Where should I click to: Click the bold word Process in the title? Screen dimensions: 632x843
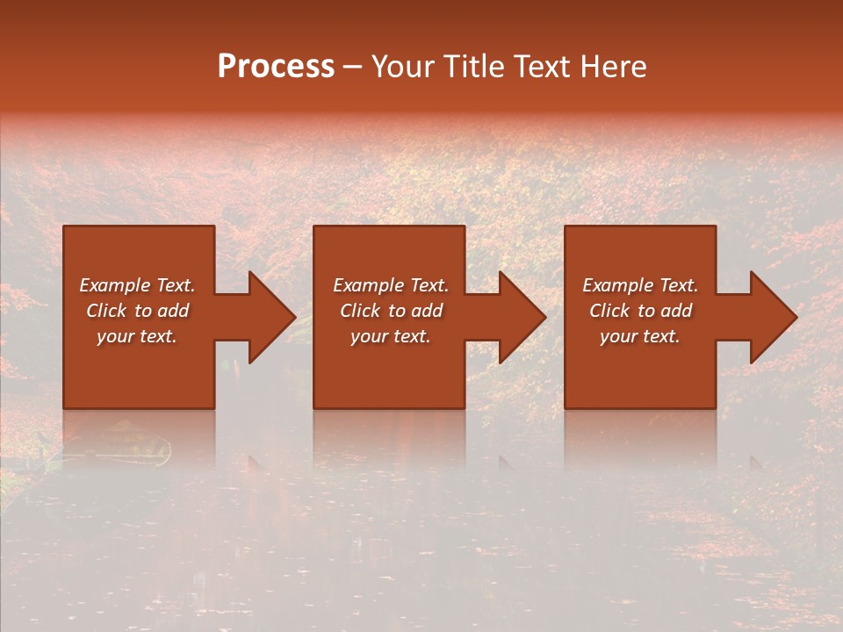tap(276, 67)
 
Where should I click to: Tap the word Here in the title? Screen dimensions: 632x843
tap(613, 67)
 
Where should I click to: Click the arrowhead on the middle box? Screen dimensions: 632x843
tap(522, 317)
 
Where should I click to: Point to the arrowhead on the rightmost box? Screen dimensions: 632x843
tap(773, 317)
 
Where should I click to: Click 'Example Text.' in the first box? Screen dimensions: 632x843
tap(137, 285)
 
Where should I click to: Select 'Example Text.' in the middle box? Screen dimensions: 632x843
tap(390, 285)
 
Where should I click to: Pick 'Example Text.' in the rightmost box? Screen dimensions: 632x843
tap(640, 285)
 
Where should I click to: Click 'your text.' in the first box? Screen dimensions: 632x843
tap(137, 336)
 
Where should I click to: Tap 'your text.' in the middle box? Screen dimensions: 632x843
tap(390, 336)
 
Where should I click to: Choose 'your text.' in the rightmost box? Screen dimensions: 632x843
tap(640, 336)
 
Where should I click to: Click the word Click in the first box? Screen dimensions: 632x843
tap(106, 311)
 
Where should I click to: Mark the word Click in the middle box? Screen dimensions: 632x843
tap(360, 311)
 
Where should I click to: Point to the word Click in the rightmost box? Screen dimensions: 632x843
tap(609, 311)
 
